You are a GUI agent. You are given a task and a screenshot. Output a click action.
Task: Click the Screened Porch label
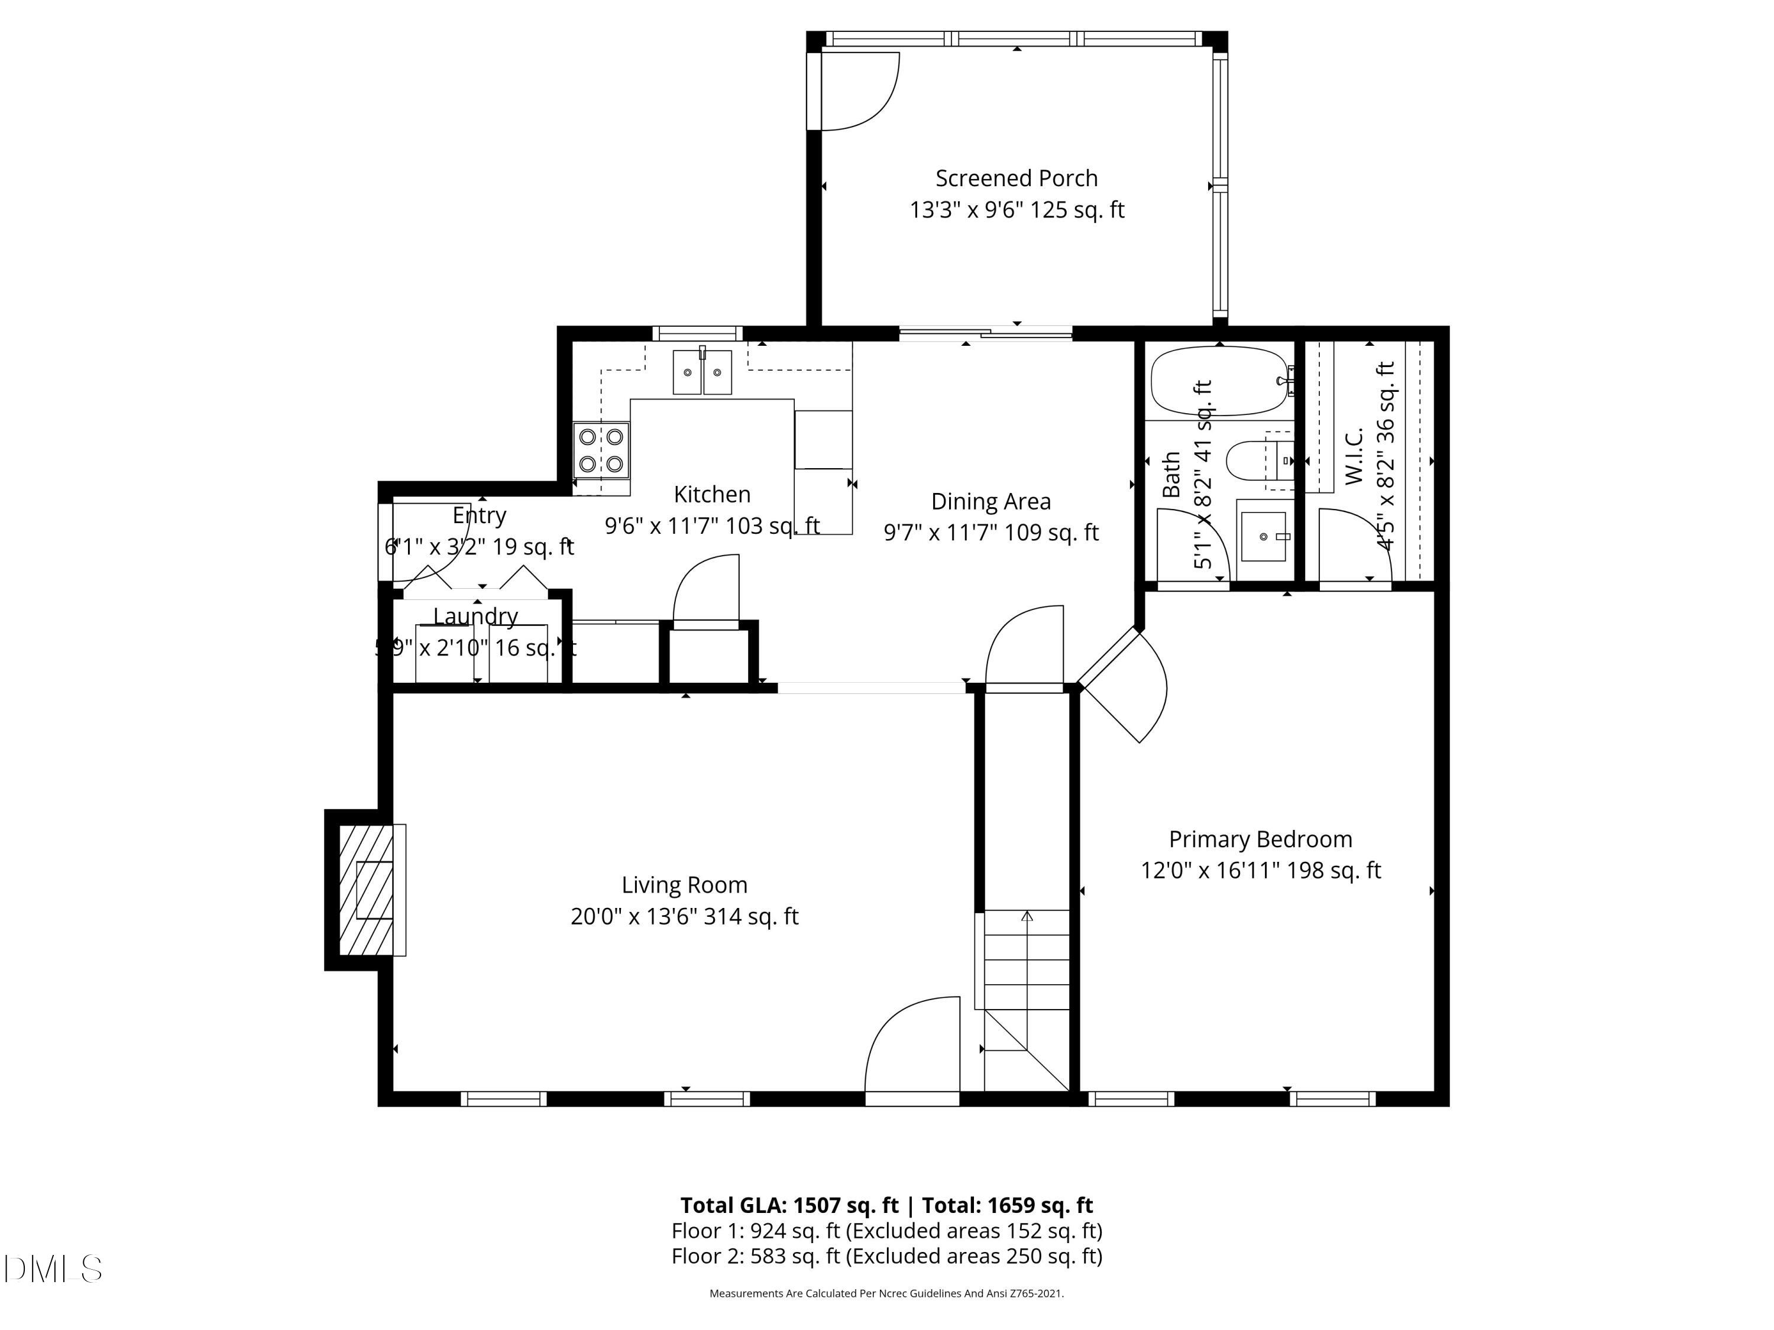tap(1016, 178)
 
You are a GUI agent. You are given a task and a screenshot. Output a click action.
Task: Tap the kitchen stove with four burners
tap(601, 450)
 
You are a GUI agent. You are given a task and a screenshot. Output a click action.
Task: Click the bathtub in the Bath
tap(1218, 381)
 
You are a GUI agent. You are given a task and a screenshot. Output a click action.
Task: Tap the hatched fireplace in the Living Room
tap(365, 890)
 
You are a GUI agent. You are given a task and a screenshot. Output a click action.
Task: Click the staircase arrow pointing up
tap(1027, 916)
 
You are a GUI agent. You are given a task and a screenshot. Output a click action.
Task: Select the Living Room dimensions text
tap(684, 916)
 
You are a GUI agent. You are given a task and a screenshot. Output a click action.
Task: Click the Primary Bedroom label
tap(1260, 839)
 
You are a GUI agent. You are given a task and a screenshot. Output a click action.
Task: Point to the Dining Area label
tap(990, 502)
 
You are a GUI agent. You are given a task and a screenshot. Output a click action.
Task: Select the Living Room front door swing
tap(912, 1046)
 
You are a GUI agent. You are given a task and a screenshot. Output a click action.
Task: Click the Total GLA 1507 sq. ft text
tap(790, 1205)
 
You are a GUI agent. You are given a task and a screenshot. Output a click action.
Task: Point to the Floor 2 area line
tap(886, 1256)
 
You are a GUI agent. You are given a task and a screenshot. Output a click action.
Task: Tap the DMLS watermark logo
tap(53, 1269)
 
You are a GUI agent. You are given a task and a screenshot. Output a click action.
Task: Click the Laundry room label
tap(475, 616)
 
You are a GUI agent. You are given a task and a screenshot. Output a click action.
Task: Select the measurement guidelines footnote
tap(886, 1293)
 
